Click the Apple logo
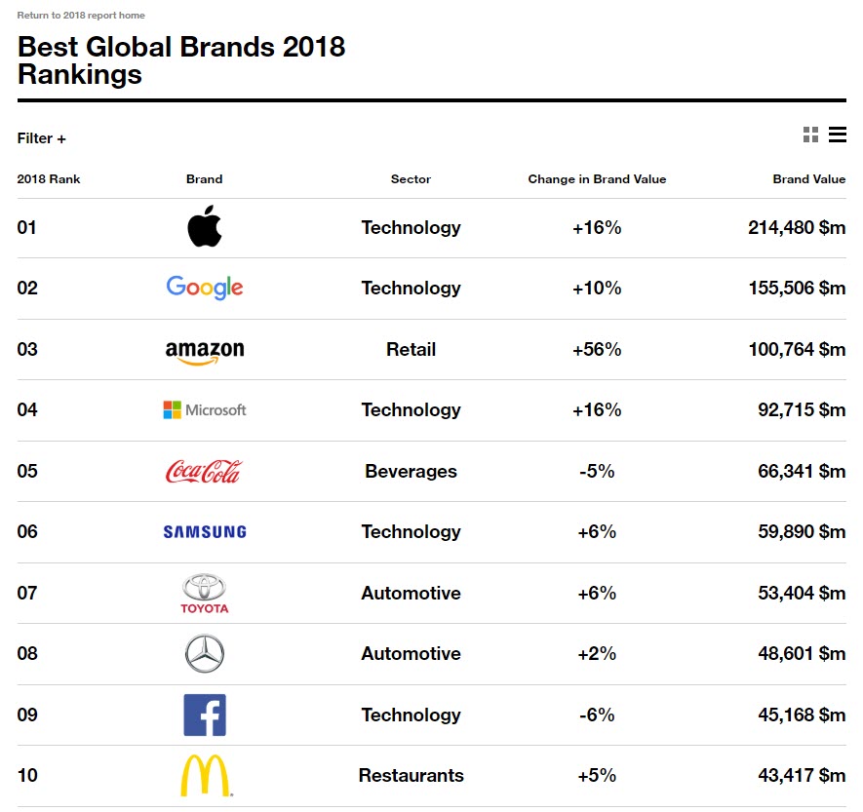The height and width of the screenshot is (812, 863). coord(205,227)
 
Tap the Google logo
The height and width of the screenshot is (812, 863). coord(205,288)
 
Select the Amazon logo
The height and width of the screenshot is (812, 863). coord(205,352)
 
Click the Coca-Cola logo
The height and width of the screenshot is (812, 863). coord(204,472)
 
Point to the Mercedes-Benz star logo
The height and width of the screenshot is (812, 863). coord(205,653)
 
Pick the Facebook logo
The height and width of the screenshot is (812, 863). coord(205,715)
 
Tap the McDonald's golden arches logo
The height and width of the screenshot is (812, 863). coord(206,776)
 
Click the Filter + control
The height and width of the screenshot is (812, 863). coord(42,138)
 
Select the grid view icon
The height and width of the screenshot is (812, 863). coord(810,135)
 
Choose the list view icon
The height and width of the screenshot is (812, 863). coord(838,135)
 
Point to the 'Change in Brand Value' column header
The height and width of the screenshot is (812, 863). coord(597,179)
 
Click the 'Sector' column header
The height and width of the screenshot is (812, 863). coord(411,179)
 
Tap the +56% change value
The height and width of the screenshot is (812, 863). coord(597,349)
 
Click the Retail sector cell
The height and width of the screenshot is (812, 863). coord(411,349)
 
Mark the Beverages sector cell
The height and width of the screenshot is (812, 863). coord(411,471)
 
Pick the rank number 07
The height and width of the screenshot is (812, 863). coord(27,593)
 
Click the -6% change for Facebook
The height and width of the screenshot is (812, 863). coord(597,715)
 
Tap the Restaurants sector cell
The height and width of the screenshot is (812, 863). coord(411,776)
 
